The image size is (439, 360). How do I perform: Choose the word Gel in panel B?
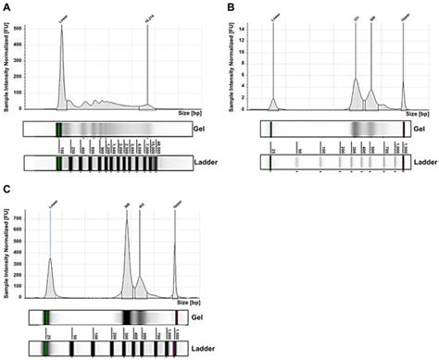420,129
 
